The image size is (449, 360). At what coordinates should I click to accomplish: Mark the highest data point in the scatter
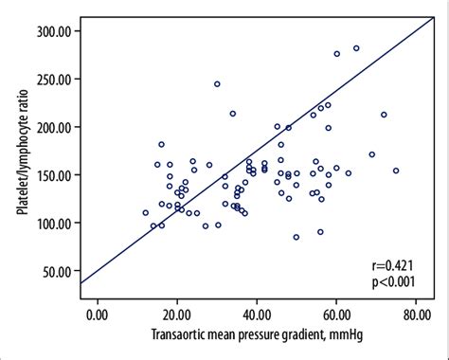pyautogui.click(x=356, y=48)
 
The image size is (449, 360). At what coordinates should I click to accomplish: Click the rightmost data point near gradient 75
pyautogui.click(x=396, y=171)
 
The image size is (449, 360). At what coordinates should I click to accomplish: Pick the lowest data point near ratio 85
pyautogui.click(x=296, y=237)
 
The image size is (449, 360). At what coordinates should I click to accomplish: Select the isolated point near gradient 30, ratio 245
pyautogui.click(x=217, y=83)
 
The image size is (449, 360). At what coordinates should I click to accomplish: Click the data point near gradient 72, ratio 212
pyautogui.click(x=384, y=115)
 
